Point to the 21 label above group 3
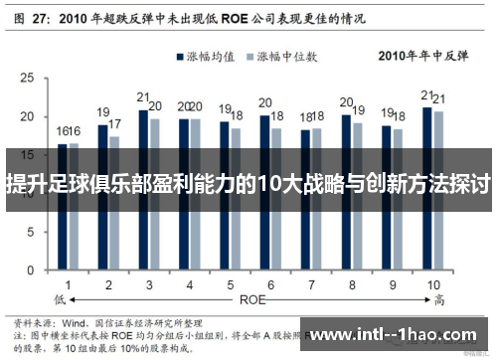(143, 97)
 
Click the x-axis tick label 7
(311, 283)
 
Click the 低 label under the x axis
(62, 296)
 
